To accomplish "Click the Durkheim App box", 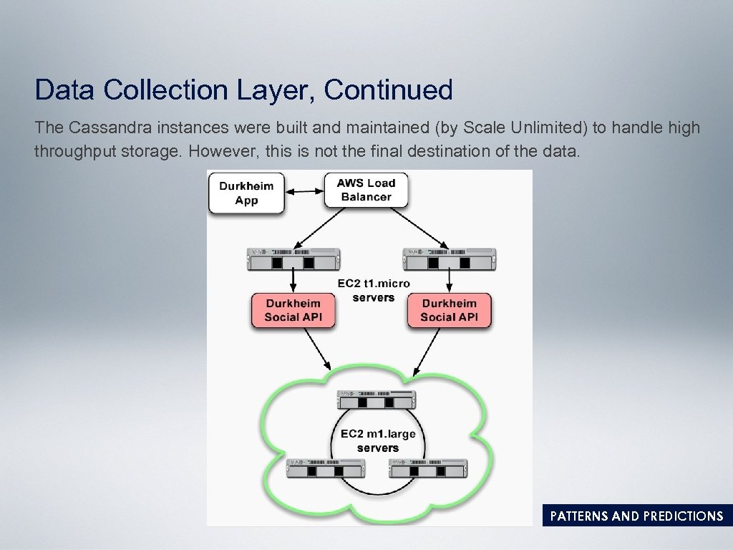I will (x=246, y=192).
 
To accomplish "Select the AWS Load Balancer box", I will (x=366, y=189).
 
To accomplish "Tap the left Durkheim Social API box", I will (x=292, y=310).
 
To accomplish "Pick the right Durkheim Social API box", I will (x=449, y=310).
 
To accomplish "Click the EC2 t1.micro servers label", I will (x=374, y=289).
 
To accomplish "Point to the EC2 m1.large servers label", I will (x=377, y=440).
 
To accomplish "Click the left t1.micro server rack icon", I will (x=292, y=259).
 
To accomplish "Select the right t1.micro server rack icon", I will (x=448, y=259).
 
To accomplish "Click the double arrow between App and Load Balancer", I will (x=304, y=191).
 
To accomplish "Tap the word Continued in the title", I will (x=388, y=90).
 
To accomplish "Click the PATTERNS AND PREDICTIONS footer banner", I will (x=636, y=516).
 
